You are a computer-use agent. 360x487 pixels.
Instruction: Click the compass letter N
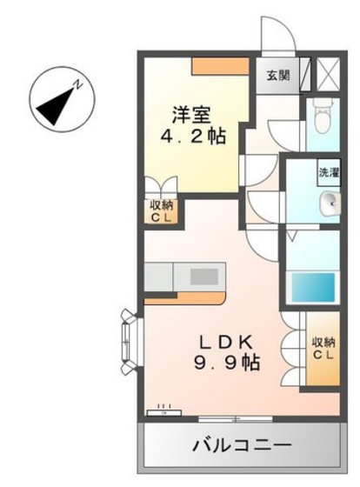pyautogui.click(x=77, y=84)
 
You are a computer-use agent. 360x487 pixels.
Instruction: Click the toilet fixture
pyautogui.click(x=323, y=113)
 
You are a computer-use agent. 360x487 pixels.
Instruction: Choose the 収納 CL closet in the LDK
pyautogui.click(x=322, y=350)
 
